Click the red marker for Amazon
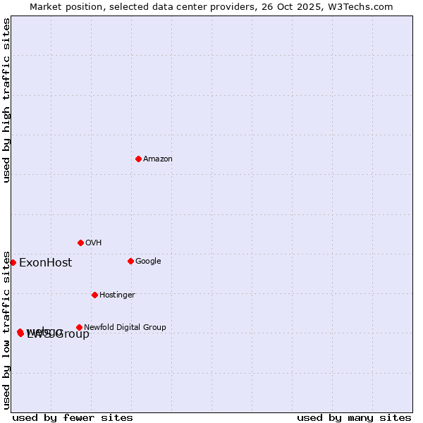(138, 159)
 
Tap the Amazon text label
(158, 159)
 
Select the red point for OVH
(80, 243)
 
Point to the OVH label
(94, 243)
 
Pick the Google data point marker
(130, 261)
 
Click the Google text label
(148, 262)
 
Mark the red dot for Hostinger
(94, 295)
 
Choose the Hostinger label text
(117, 295)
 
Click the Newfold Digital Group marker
(79, 327)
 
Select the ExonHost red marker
(13, 262)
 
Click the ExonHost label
(45, 263)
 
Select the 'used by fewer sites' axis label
(73, 417)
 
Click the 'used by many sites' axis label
(354, 417)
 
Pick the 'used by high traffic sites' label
(6, 100)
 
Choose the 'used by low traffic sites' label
(6, 329)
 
